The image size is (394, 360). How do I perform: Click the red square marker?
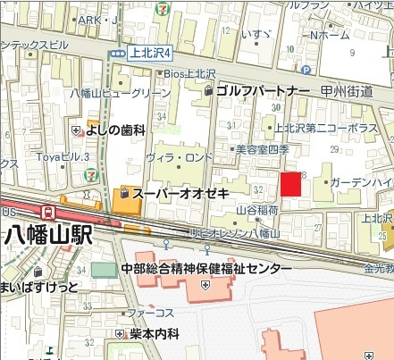tap(291, 184)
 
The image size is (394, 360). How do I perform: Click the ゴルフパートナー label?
tap(263, 91)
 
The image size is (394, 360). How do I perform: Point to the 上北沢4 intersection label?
tap(150, 53)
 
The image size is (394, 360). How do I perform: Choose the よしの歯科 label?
tap(115, 130)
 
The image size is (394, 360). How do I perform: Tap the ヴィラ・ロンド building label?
tap(180, 158)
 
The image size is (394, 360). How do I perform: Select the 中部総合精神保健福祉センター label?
tap(206, 269)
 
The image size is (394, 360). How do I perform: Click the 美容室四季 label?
tap(263, 150)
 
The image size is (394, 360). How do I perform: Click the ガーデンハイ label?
tap(361, 182)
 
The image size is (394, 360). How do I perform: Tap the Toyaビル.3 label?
tap(64, 157)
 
